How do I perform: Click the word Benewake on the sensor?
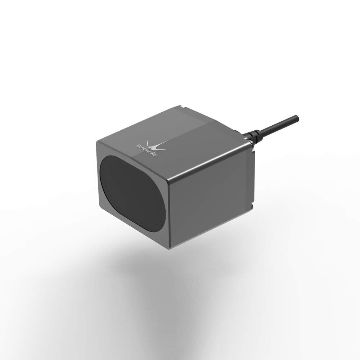pyautogui.click(x=147, y=150)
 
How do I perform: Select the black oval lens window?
pyautogui.click(x=132, y=193)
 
